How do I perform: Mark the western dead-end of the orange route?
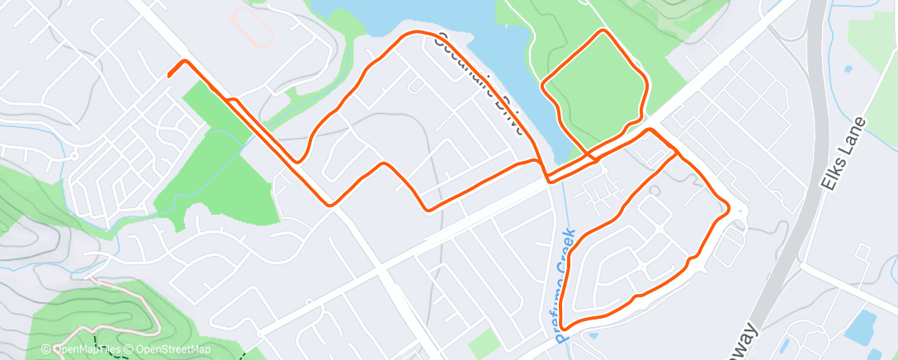[169, 76]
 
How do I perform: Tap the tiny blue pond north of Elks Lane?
[848, 69]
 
